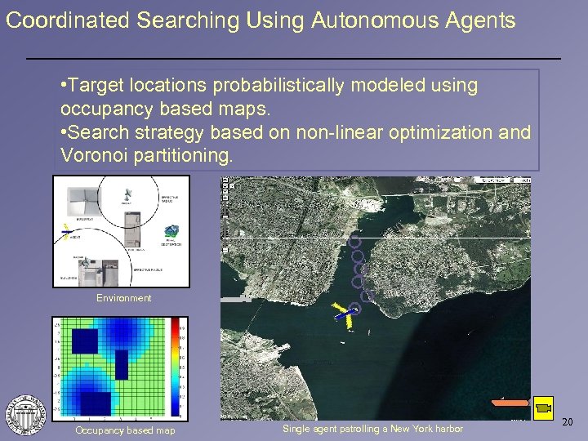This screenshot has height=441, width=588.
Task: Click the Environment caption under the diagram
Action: pos(123,298)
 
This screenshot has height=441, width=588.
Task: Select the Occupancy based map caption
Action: pos(124,430)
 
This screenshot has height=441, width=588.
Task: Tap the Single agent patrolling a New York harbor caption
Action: pos(372,429)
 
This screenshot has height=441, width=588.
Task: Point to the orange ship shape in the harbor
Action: pos(510,402)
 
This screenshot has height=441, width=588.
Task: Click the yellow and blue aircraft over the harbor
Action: pos(345,315)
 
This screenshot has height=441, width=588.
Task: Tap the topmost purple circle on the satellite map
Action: pos(354,241)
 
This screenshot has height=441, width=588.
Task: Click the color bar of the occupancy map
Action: pos(174,368)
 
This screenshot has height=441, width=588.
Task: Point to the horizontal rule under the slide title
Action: pos(294,59)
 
